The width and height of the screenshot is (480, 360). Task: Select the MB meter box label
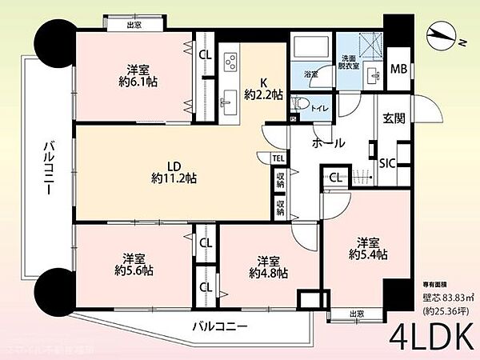point(398,69)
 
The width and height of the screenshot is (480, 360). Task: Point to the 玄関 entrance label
point(394,118)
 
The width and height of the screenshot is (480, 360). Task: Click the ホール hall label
point(329,143)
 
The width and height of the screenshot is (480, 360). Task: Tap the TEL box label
point(277,158)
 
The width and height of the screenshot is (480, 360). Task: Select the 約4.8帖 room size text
point(267,273)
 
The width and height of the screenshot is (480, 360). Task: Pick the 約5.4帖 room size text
point(367,254)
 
